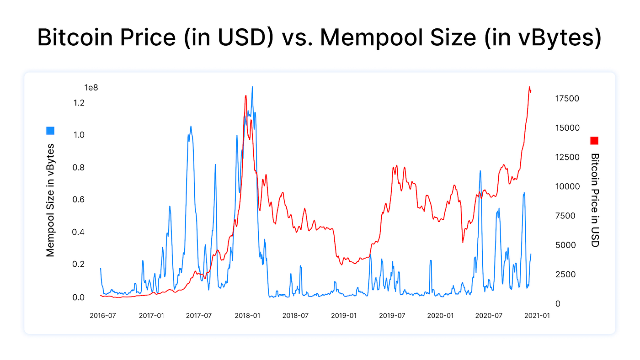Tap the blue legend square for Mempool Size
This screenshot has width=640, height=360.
coord(50,131)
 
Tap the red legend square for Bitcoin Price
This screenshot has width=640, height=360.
coord(594,141)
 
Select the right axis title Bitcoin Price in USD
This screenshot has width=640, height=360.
coord(594,200)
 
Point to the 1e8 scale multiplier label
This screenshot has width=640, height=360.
coord(91,87)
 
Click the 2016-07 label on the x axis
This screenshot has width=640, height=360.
coord(102,316)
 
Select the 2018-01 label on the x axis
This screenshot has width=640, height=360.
coord(247,316)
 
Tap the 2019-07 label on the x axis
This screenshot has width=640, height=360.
coord(392,316)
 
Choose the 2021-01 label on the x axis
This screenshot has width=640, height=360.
coord(537,316)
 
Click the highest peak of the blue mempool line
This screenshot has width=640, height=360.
coord(252,87)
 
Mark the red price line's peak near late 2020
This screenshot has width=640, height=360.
coord(529,87)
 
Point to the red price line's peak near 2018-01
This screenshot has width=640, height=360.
coord(245,95)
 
